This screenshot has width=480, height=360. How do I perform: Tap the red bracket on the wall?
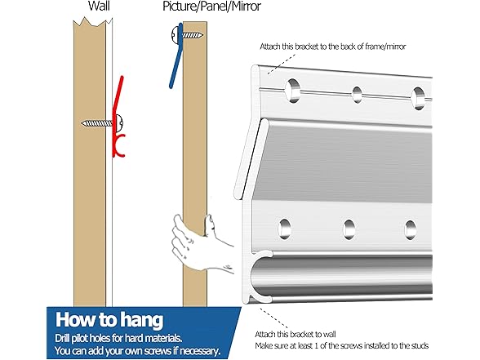tap(119, 122)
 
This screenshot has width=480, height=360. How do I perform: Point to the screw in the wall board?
tap(100, 123)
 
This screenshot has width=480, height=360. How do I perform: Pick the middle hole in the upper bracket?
tap(357, 91)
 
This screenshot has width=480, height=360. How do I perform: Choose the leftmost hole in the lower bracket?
tap(284, 223)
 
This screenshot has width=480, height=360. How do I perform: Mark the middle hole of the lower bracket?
tap(349, 225)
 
